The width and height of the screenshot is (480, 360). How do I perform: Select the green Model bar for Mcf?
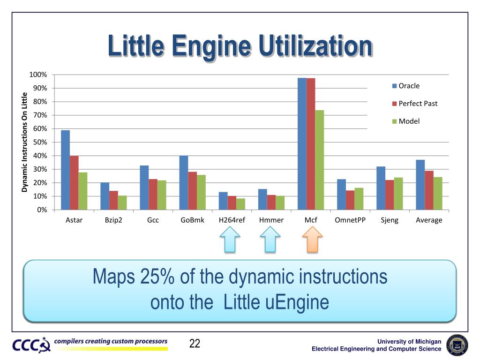[319, 160]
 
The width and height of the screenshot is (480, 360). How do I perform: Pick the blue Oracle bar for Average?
[420, 185]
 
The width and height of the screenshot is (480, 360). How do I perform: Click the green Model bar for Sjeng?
[398, 194]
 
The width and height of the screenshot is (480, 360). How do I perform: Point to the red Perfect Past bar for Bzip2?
[113, 200]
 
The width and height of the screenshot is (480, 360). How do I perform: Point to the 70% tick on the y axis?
[40, 115]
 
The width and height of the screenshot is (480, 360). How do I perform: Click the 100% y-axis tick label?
[38, 75]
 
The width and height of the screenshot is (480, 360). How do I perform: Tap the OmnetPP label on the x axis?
[350, 220]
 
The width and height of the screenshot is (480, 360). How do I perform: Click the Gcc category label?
[153, 220]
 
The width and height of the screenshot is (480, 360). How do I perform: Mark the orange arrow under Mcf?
[311, 240]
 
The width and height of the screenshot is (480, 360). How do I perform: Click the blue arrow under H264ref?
[230, 240]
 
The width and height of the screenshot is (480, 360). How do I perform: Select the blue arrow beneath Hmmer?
[270, 240]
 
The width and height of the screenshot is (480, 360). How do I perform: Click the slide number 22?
[195, 344]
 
